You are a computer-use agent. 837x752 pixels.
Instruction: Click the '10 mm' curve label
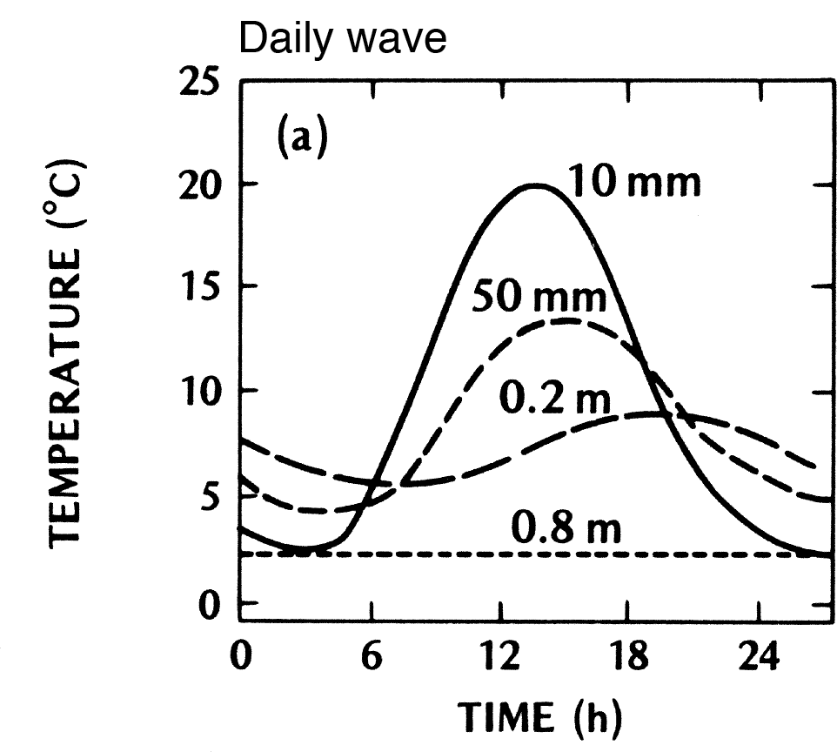pos(635,184)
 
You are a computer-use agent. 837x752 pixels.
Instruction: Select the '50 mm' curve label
pos(539,298)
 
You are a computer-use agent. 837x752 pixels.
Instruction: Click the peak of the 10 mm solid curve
pos(537,185)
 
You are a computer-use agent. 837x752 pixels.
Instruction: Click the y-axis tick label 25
pos(201,84)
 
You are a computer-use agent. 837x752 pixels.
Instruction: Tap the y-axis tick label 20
pos(201,185)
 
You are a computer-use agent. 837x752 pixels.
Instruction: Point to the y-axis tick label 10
pos(201,390)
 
